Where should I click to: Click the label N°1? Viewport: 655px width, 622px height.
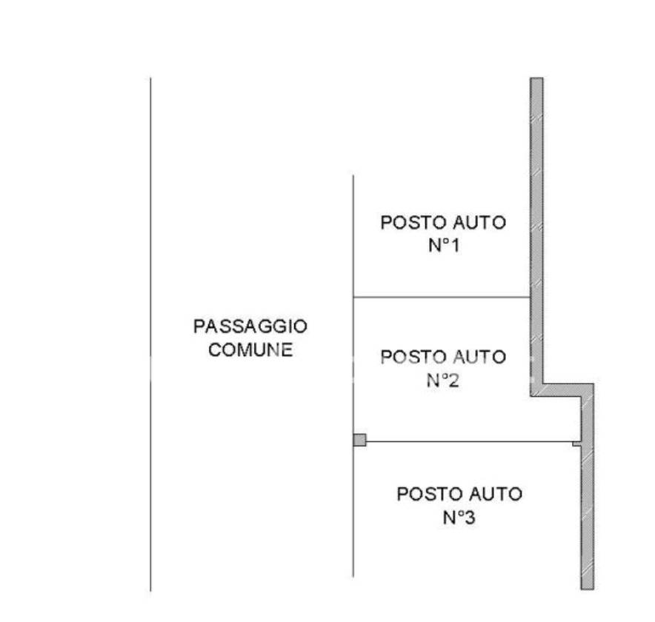tap(444, 246)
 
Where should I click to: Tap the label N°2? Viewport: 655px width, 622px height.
tap(444, 381)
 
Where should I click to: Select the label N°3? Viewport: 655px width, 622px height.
tap(459, 518)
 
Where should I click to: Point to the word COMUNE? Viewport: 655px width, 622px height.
tap(250, 350)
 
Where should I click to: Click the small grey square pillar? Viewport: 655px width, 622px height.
tap(360, 440)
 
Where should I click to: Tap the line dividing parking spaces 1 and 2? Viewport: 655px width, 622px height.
tap(442, 298)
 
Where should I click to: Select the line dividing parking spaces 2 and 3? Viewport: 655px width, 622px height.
tap(467, 442)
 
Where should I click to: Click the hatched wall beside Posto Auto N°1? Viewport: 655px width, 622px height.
tap(536, 222)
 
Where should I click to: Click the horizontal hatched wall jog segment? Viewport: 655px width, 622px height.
tap(563, 390)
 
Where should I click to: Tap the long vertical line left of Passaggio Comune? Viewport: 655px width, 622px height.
tap(151, 333)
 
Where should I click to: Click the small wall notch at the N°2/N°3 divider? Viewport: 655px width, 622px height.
tap(576, 444)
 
